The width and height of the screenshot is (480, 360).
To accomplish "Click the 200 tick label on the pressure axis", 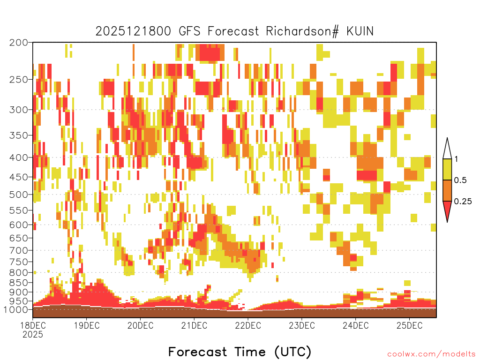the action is point(18,43).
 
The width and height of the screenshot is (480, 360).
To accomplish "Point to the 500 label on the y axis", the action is point(18,195).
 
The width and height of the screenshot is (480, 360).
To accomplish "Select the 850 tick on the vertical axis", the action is point(18,283).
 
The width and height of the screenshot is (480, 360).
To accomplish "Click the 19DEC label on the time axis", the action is point(87,325).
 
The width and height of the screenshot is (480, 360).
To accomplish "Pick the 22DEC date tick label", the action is point(248,325).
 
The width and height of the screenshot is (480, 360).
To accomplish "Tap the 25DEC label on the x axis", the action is point(410,325).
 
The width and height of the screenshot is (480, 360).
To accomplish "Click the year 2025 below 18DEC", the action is point(33,335).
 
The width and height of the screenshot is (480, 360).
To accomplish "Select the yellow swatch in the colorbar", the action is point(447,169).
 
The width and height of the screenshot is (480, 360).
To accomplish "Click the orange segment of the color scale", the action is point(447,190).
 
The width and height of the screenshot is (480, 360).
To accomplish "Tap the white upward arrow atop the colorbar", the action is point(447,149).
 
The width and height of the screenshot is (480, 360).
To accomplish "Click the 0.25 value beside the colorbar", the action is point(463,201).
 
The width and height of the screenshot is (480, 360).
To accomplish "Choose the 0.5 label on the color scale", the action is point(460,180).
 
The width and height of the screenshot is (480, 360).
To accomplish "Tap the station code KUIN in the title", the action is point(360,31).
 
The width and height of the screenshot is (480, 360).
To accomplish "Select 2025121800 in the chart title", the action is point(133,31).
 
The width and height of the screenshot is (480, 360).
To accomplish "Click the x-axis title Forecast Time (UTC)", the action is point(240,352).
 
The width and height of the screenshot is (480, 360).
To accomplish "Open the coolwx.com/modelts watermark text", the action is point(431,354).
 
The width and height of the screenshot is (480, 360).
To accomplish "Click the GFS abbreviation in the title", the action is point(189,31).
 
